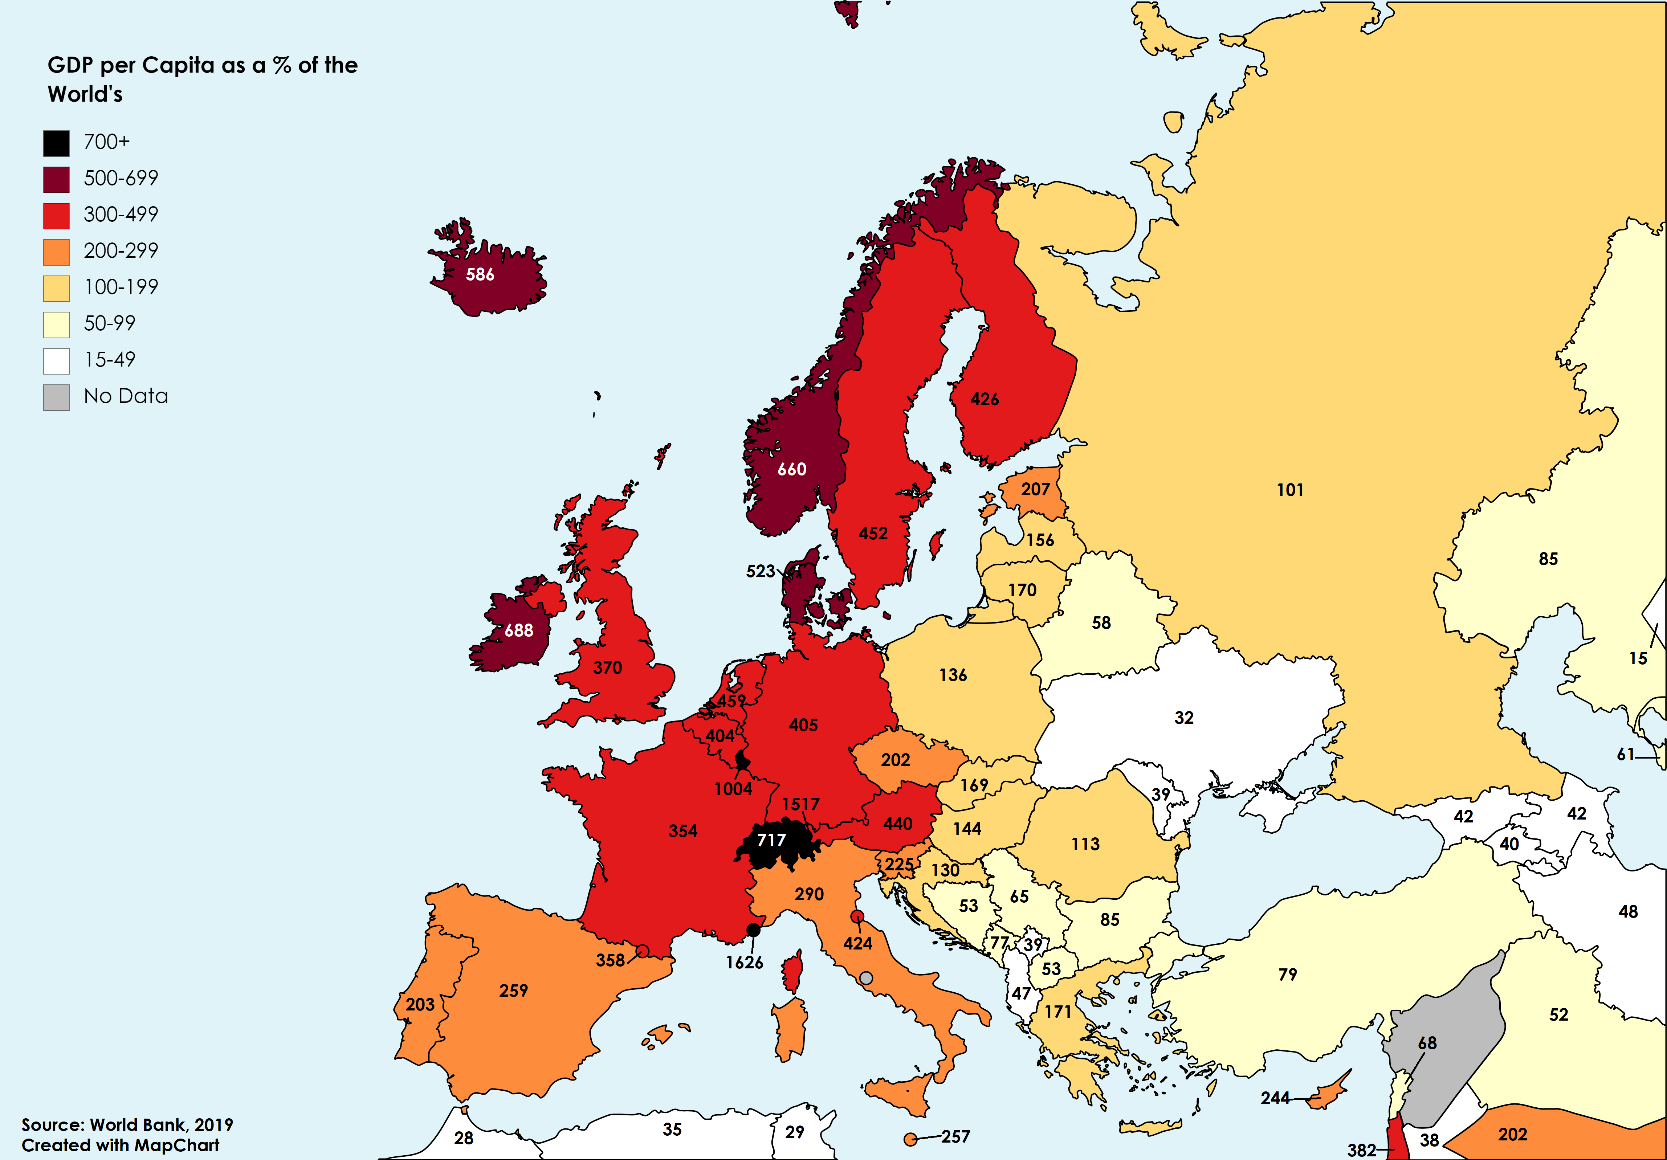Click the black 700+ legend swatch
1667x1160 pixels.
pos(57,143)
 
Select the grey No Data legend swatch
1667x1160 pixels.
pos(57,397)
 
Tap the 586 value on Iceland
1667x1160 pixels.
pos(480,274)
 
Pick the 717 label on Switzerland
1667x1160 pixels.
pos(771,840)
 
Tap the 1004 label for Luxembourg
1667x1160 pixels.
pos(733,789)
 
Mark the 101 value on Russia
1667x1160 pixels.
pos(1290,490)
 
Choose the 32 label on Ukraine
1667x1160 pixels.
pos(1184,718)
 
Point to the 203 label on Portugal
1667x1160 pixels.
pos(420,1005)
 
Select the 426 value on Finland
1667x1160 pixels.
pos(985,399)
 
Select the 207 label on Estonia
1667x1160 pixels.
pos(1035,489)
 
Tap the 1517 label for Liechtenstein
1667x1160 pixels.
pos(801,804)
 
